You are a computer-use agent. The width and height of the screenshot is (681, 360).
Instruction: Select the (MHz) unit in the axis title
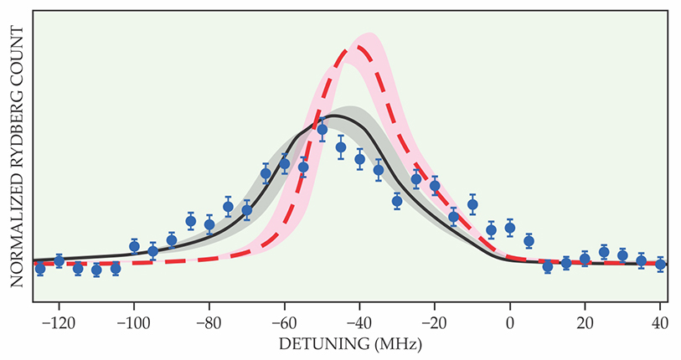tap(395, 344)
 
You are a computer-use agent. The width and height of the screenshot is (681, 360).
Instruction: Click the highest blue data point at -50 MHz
tap(322, 129)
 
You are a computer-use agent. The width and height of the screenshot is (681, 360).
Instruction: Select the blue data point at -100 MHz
tap(134, 246)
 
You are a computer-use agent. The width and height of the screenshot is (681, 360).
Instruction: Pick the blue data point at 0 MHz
tap(510, 229)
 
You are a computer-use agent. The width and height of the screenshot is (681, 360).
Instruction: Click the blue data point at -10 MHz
tap(472, 203)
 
